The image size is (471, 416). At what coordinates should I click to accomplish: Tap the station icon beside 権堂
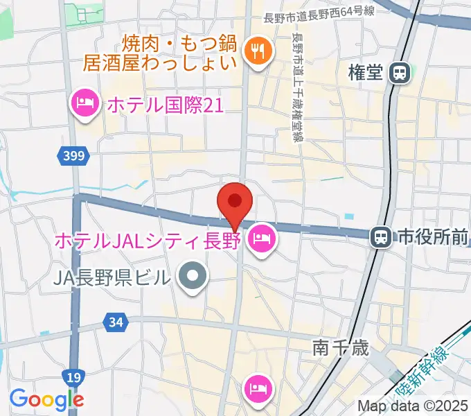click(x=400, y=73)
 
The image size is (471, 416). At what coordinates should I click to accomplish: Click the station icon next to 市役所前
click(x=380, y=238)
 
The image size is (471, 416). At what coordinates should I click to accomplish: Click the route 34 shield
click(x=116, y=322)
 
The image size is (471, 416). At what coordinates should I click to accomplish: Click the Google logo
click(x=46, y=399)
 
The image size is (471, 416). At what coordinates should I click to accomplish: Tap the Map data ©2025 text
click(x=414, y=406)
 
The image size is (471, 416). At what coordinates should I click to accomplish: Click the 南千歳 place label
click(x=341, y=347)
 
